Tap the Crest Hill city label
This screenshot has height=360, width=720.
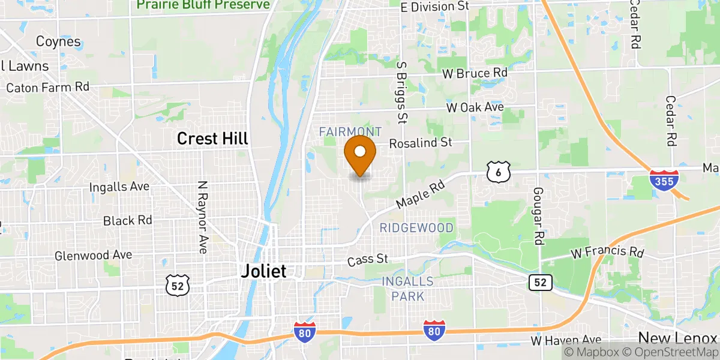coord(212,139)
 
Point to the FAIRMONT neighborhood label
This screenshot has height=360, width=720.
coord(350,131)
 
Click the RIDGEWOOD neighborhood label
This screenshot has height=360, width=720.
coord(416,228)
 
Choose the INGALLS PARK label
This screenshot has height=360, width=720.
coord(408,289)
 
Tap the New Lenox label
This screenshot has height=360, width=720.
coord(678,337)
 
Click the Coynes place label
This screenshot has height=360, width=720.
coord(58,41)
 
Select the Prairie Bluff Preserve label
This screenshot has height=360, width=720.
coord(203,5)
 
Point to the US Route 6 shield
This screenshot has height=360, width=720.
coord(499,172)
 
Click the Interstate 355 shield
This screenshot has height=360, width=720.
coord(664,180)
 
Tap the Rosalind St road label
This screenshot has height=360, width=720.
coord(420,143)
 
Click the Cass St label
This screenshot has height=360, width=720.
coord(368,261)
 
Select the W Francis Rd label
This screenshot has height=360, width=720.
coord(607,253)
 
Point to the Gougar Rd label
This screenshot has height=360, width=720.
coord(538,215)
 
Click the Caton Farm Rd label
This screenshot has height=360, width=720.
coord(48,88)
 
